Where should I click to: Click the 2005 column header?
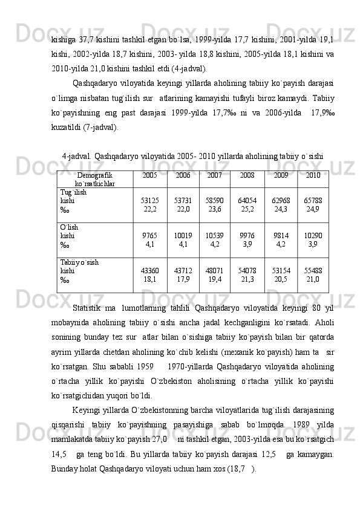tap(150, 175)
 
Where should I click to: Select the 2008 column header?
tap(247, 175)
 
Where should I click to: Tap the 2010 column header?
tap(313, 175)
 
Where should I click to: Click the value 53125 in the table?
tap(150, 199)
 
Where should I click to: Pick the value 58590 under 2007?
tap(214, 199)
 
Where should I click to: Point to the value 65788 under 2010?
tap(313, 199)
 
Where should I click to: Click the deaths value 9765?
tap(150, 235)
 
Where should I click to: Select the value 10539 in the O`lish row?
tap(214, 235)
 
